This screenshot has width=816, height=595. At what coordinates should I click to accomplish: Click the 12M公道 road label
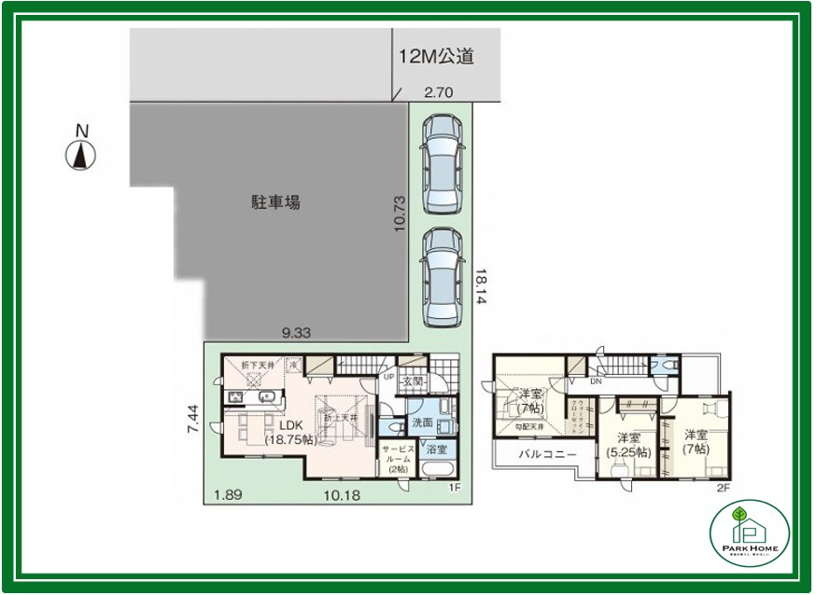tap(436, 57)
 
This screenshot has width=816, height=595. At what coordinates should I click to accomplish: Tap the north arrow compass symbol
tap(81, 153)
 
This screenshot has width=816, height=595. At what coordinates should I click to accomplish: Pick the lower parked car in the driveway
tap(441, 277)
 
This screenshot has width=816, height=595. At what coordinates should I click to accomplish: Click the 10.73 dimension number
tap(401, 214)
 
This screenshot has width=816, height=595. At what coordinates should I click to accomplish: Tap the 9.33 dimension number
tap(296, 331)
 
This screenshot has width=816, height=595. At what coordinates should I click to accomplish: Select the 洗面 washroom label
tap(422, 422)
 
